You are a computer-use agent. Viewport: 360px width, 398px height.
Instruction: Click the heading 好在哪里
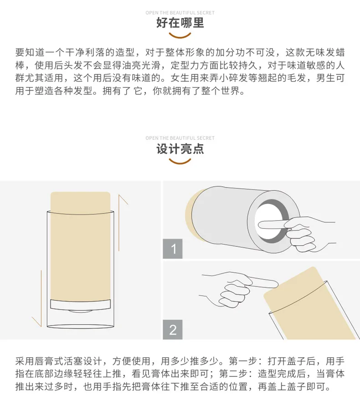(x=180, y=23)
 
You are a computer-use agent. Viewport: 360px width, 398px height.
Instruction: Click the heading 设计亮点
(x=180, y=149)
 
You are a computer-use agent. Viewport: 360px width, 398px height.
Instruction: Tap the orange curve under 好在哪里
(x=180, y=36)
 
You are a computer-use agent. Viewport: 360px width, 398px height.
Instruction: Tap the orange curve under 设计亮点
(x=180, y=162)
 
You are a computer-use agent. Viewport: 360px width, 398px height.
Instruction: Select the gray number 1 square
(x=173, y=249)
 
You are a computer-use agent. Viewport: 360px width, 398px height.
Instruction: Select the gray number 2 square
(x=173, y=330)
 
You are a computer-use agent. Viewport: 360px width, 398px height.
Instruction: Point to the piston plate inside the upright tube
(x=80, y=305)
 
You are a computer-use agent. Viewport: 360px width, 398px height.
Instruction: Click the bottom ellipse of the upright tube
(x=80, y=326)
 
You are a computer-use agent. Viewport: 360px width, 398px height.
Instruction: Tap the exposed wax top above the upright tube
(x=80, y=202)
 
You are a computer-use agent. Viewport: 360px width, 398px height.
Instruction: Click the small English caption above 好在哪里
(x=180, y=13)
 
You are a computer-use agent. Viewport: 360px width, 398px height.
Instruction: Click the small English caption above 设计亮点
(x=180, y=138)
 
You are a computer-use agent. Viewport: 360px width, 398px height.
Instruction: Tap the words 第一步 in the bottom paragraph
(x=243, y=361)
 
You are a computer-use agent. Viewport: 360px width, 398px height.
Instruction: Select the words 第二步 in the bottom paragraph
(x=233, y=373)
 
